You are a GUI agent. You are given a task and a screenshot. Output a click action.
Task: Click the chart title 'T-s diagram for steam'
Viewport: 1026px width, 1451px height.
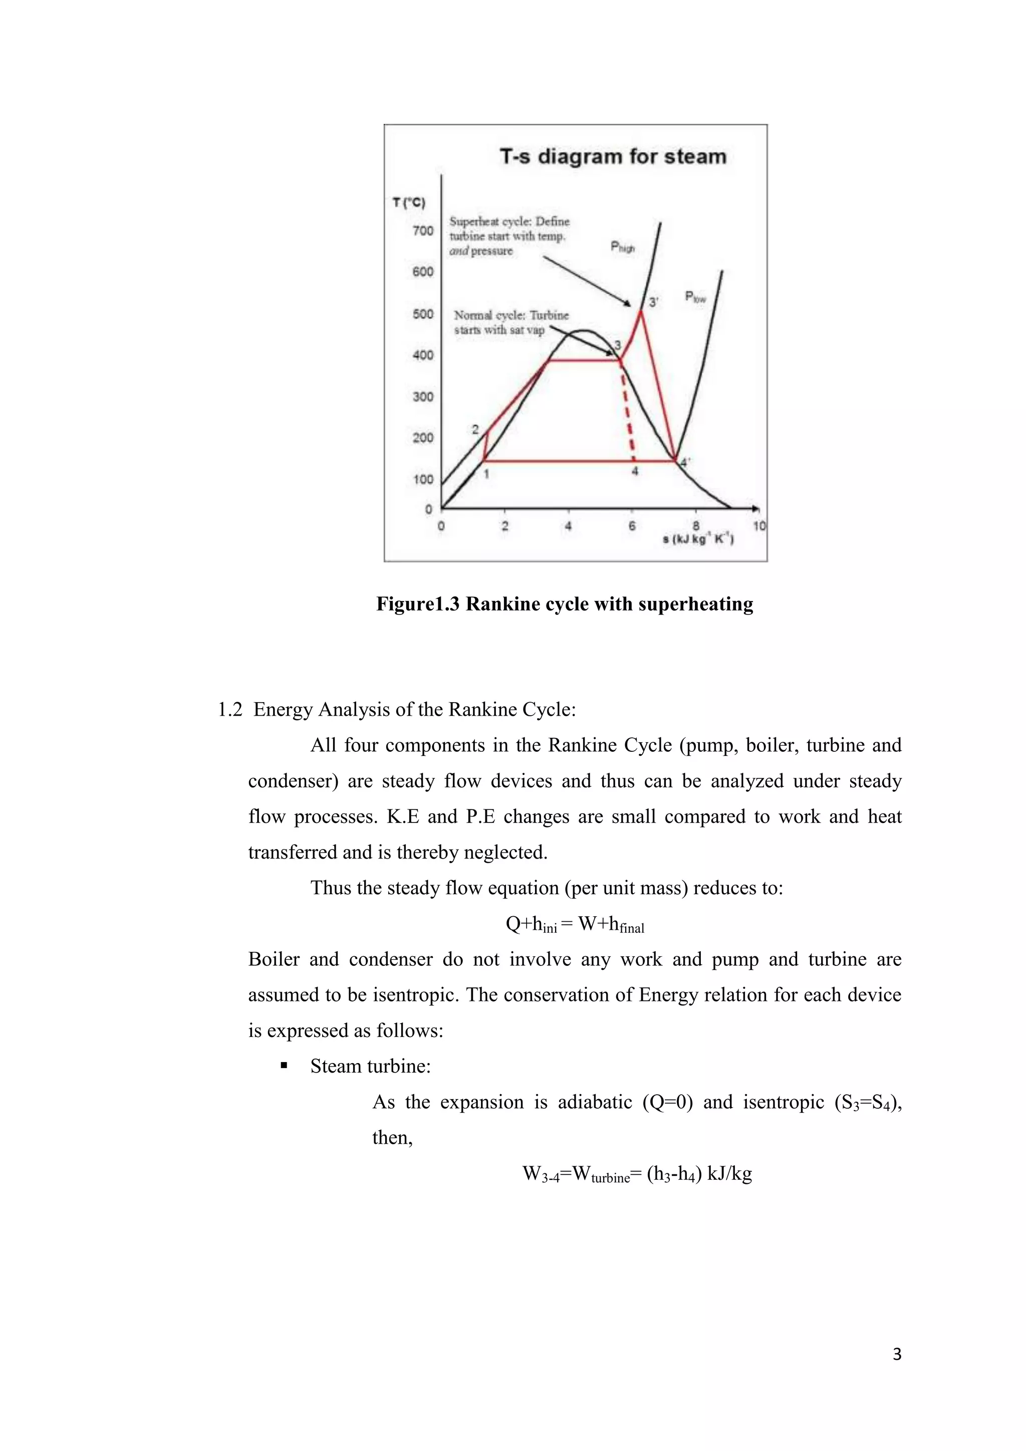coord(613,157)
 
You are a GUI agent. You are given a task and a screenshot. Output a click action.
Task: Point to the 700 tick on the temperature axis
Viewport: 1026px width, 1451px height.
coord(423,231)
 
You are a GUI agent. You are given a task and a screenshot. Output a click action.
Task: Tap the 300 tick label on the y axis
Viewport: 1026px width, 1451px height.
coord(423,397)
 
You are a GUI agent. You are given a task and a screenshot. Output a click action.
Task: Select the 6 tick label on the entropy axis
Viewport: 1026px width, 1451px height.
coord(632,526)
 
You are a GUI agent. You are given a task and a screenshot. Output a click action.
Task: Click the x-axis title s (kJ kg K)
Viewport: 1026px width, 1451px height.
coord(698,539)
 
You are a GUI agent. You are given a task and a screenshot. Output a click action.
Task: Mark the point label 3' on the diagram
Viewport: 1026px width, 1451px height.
coord(654,302)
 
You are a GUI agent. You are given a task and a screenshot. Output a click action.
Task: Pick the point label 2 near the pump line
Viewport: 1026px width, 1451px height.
coord(475,430)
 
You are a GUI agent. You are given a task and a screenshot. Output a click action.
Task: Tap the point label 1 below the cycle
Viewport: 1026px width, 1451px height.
coord(486,474)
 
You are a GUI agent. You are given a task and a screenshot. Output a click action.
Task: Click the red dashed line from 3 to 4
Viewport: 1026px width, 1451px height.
coord(628,414)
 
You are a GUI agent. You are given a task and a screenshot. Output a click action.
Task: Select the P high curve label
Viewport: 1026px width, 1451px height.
coord(622,247)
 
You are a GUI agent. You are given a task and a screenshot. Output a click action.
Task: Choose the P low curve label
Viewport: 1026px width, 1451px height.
coord(695,297)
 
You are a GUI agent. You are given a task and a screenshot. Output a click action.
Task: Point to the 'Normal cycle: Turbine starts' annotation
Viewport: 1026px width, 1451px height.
coord(510,322)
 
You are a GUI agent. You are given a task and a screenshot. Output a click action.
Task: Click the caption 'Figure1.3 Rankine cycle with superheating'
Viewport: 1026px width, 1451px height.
coord(564,604)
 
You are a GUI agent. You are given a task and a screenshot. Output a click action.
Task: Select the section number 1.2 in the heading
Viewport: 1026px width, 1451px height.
coord(230,710)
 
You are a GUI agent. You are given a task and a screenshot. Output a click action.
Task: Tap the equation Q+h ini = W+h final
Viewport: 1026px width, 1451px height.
coord(575,925)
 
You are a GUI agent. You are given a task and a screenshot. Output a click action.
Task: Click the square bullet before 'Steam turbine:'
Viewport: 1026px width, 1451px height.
coord(284,1067)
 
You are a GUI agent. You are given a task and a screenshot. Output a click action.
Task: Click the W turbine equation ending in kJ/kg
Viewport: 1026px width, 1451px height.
coord(637,1174)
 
